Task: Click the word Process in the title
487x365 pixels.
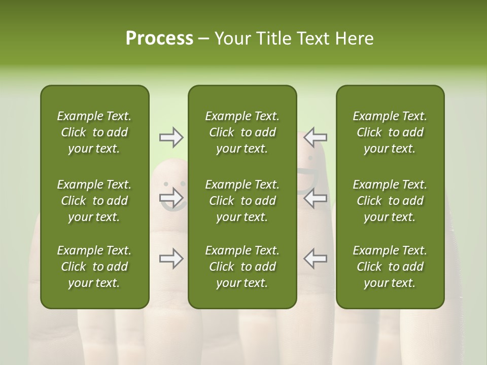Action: (x=159, y=39)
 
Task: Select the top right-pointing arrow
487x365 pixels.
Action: (x=171, y=137)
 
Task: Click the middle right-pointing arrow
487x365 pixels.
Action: (x=171, y=198)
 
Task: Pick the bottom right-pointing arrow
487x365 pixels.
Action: (x=171, y=259)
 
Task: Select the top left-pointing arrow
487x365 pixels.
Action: (x=315, y=137)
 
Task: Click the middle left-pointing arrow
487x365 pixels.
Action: (x=315, y=198)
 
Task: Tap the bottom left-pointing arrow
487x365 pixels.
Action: (x=315, y=259)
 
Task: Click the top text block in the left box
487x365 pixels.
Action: (x=94, y=132)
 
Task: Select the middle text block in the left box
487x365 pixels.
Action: (x=94, y=201)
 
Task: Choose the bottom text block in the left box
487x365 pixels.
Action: (x=94, y=267)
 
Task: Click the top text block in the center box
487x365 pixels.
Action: (x=242, y=132)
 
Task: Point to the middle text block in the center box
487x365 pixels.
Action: (x=242, y=201)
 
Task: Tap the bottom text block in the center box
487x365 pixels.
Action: (x=242, y=267)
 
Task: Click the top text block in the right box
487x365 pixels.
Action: (x=390, y=132)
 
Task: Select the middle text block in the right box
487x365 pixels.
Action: (x=390, y=201)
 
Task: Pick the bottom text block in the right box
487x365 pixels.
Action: (x=390, y=267)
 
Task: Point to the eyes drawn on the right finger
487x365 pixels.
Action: (x=310, y=158)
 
